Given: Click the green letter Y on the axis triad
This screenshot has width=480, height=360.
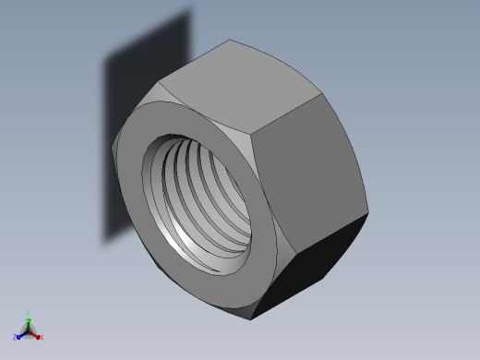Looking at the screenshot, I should pyautogui.click(x=29, y=315).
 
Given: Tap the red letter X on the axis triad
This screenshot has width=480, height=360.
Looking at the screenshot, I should pyautogui.click(x=42, y=338).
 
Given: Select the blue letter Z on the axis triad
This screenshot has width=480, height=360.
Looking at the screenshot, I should pyautogui.click(x=16, y=338).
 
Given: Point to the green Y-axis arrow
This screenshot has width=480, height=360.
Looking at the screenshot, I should pyautogui.click(x=29, y=322).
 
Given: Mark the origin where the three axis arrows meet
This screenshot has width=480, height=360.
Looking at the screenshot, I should pyautogui.click(x=29, y=330).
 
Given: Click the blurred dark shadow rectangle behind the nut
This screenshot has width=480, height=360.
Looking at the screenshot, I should pyautogui.click(x=138, y=138).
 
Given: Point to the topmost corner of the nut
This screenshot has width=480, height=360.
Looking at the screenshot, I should pyautogui.click(x=231, y=40).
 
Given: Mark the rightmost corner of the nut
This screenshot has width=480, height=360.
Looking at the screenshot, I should pyautogui.click(x=368, y=215).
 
